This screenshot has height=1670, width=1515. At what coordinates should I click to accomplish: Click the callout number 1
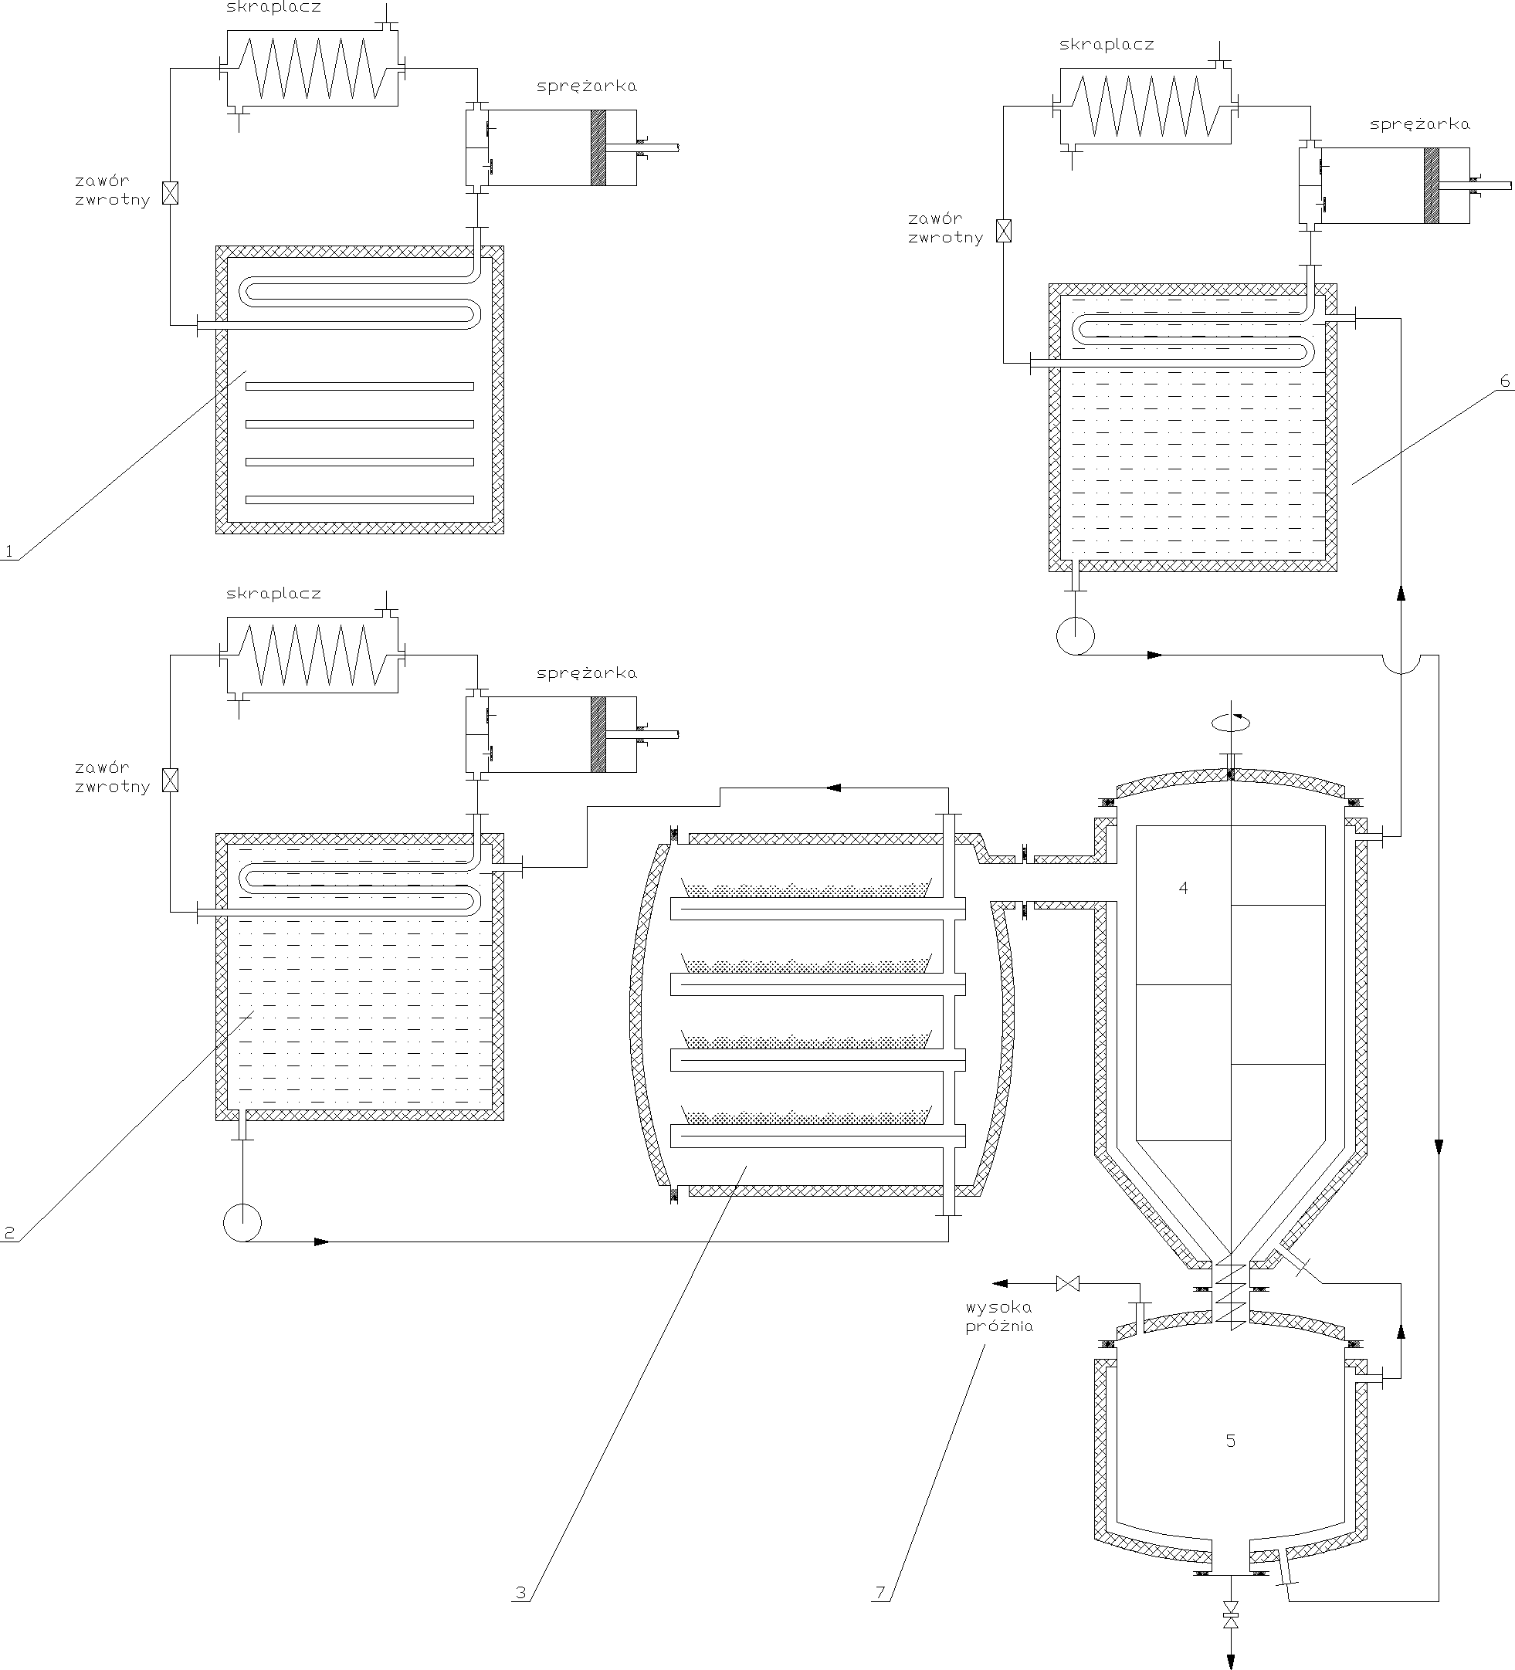9,550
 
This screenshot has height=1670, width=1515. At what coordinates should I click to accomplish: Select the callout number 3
520,1591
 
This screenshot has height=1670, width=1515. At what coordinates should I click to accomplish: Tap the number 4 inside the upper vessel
1183,888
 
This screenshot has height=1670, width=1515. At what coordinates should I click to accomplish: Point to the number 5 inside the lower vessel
1230,1441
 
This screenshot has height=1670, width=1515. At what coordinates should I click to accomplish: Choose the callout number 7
880,1591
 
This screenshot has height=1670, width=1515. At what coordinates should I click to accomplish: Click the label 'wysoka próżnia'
999,1316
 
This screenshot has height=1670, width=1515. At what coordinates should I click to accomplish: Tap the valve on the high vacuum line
1068,1284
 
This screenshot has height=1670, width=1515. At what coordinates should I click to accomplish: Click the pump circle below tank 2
242,1223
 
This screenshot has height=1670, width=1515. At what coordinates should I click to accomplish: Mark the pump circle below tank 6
1075,636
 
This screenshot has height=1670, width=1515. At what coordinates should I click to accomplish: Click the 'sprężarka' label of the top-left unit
586,86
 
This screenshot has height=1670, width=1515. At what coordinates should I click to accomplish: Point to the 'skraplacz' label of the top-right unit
1107,45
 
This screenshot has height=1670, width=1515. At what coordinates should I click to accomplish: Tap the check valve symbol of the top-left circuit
170,193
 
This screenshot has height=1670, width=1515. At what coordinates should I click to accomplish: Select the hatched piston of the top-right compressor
1432,185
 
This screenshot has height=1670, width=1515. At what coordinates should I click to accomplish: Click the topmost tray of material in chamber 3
808,889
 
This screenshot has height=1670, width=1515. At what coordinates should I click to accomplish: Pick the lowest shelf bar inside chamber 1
360,500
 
